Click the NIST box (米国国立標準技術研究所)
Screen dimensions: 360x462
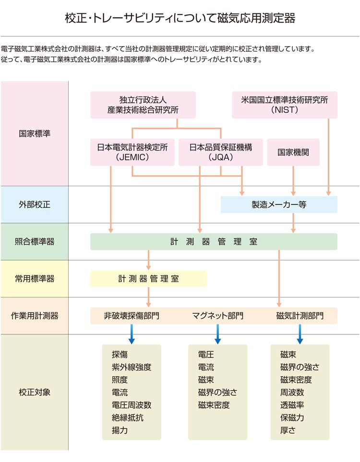[284, 105]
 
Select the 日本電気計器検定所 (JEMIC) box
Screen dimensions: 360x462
[132, 152]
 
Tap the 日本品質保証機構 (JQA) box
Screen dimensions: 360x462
[220, 152]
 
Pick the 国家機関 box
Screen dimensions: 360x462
[293, 152]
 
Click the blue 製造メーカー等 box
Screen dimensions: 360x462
[279, 204]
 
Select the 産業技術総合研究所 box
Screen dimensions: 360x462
[143, 105]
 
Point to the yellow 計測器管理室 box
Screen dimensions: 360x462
[148, 279]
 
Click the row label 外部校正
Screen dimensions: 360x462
[35, 204]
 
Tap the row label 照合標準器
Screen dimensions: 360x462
[35, 242]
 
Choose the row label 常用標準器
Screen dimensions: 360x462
[35, 279]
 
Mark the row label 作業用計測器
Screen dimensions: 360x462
[35, 316]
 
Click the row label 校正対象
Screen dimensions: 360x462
[35, 392]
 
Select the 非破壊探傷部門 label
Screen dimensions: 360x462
[132, 316]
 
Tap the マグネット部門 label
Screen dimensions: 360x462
[217, 316]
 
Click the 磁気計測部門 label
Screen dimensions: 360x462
[300, 316]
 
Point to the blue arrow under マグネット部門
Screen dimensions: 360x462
[217, 334]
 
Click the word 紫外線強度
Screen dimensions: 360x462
[132, 367]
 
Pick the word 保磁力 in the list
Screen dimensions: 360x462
[292, 417]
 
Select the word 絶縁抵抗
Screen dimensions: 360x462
[127, 417]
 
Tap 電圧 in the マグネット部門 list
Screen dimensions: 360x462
[206, 355]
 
